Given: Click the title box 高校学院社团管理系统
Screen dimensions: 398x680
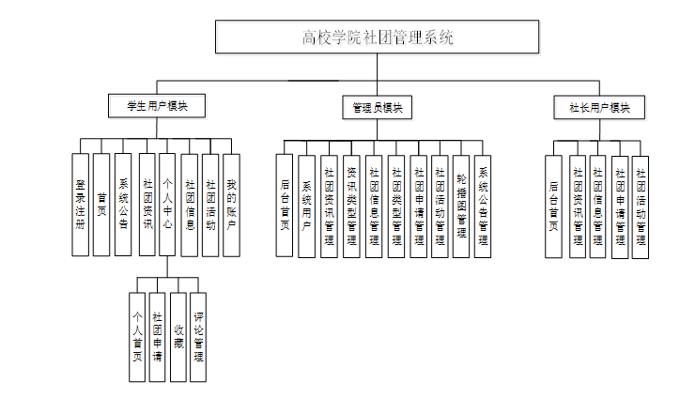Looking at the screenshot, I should coord(377,38).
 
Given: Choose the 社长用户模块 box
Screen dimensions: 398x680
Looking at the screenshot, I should coord(599,107).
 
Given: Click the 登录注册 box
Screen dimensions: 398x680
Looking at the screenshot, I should coord(81,205).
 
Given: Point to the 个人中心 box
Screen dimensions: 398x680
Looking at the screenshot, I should coord(167,205).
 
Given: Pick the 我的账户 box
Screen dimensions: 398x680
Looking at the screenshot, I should coord(231,205).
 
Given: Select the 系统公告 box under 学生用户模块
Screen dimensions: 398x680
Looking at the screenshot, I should coord(123,205).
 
